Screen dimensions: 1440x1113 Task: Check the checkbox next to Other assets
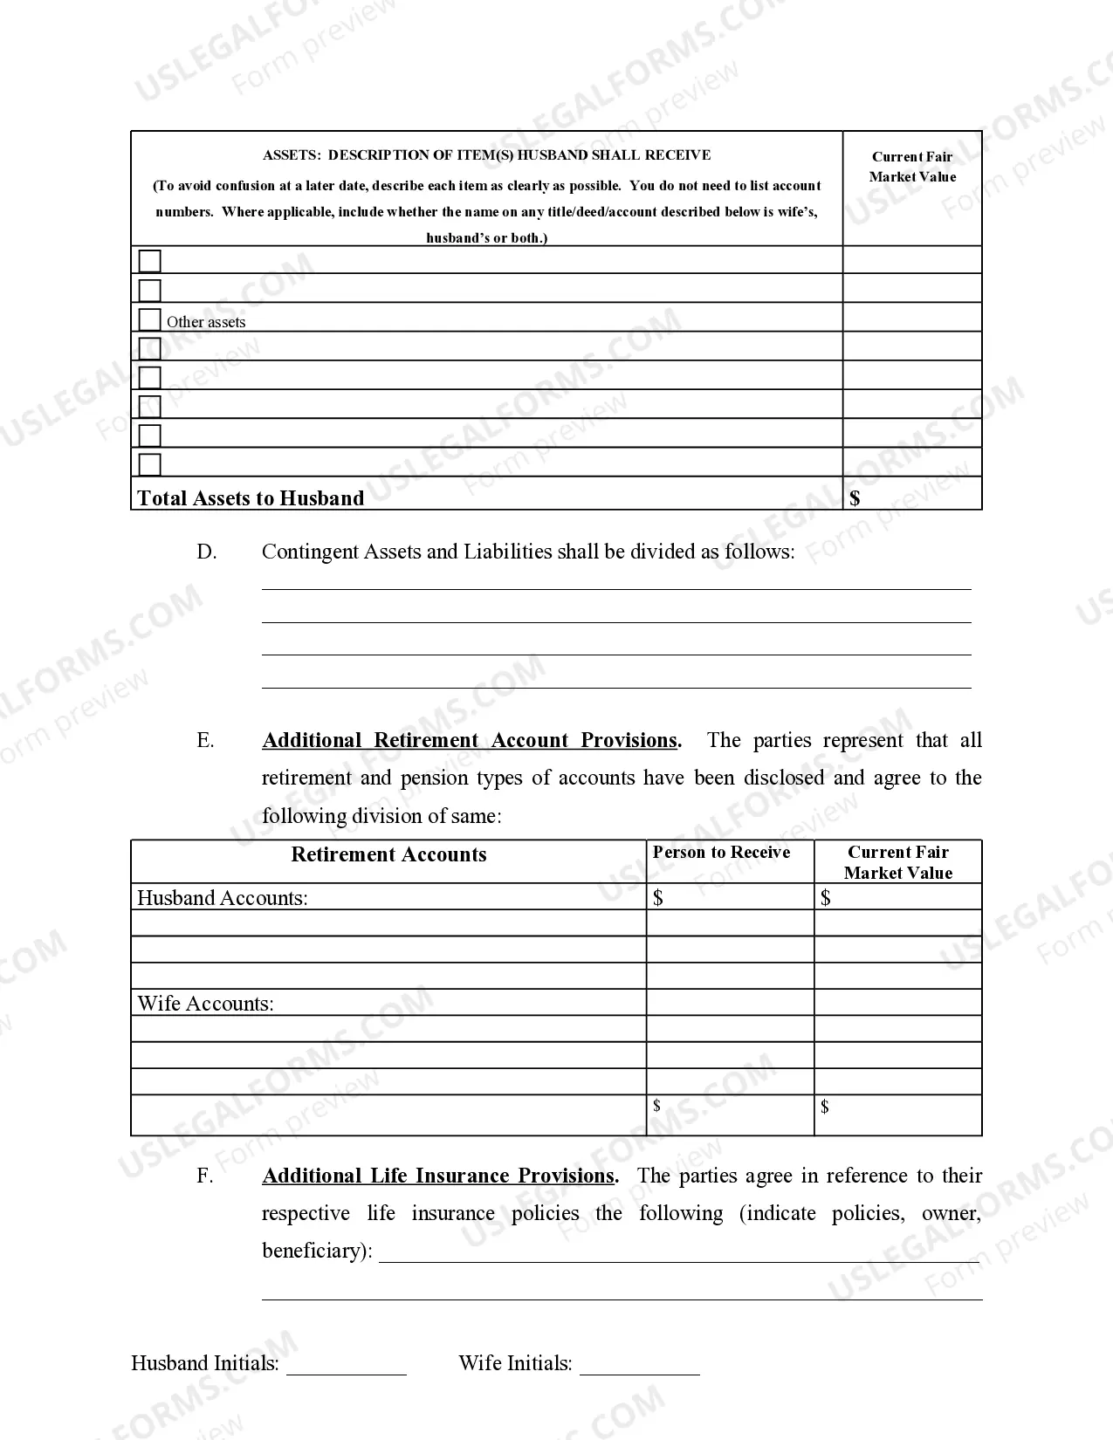[x=150, y=319]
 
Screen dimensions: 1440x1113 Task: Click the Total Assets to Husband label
[x=251, y=498]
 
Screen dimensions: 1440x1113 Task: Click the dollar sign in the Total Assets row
[x=855, y=498]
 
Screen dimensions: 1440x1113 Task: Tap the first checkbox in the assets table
[x=150, y=261]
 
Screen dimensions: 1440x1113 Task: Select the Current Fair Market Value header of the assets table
[x=912, y=167]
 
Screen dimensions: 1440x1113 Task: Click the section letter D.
[x=206, y=552]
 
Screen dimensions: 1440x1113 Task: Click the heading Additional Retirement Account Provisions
[x=471, y=740]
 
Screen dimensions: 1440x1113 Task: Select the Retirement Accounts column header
[x=388, y=854]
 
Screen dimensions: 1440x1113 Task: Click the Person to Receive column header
[x=721, y=853]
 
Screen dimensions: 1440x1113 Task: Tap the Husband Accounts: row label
[x=223, y=898]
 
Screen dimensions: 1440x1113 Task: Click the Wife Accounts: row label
[x=205, y=1004]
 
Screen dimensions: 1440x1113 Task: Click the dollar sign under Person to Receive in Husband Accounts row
[x=658, y=898]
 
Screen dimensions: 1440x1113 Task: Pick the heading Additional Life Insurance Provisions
[x=439, y=1176]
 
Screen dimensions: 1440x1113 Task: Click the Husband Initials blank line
[x=347, y=1368]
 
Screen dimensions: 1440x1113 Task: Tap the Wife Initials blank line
[x=640, y=1368]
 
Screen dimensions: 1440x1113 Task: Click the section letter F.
[x=204, y=1176]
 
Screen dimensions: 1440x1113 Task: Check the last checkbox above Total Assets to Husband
[x=150, y=463]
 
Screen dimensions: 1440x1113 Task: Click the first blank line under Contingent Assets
[x=616, y=587]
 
